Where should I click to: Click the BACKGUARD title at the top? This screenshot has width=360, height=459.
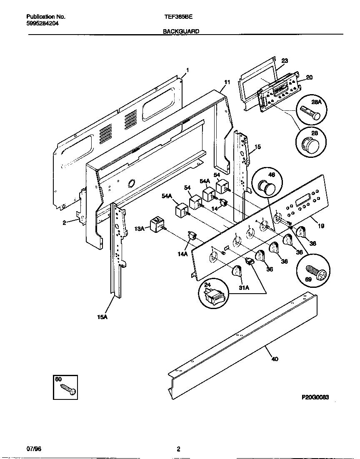[x=180, y=31]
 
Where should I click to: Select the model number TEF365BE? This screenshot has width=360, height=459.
[x=178, y=17]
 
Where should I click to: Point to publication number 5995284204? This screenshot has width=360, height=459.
[x=42, y=24]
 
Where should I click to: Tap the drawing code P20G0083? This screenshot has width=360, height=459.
[x=315, y=398]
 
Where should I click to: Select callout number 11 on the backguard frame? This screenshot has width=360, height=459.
[x=227, y=82]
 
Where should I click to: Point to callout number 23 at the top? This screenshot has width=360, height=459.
[x=285, y=60]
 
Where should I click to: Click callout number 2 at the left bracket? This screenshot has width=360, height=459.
[x=65, y=222]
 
